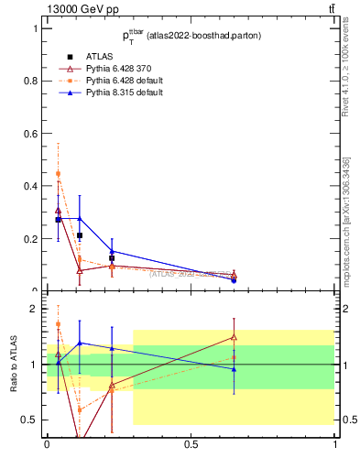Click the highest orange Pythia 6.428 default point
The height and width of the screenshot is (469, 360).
58,173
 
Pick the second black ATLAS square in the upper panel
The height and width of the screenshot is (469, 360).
80,235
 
